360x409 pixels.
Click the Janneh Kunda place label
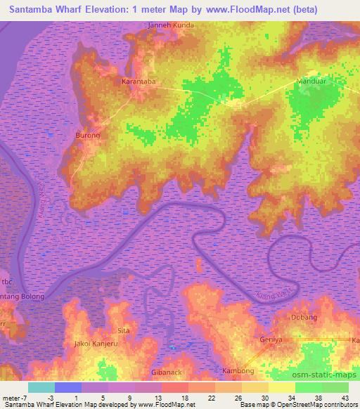point(170,25)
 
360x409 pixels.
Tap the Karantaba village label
point(139,82)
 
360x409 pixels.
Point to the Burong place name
point(88,134)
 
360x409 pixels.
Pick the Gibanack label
point(167,372)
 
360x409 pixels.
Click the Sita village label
point(124,330)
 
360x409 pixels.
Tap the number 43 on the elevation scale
point(345,397)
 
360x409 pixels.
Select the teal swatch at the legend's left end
point(41,387)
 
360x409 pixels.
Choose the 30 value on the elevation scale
point(264,397)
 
